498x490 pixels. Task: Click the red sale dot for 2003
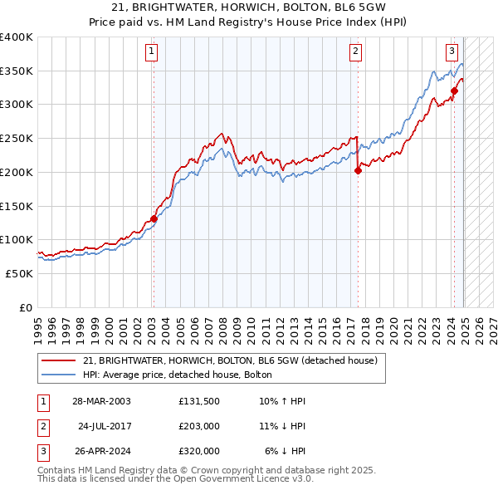click(154, 219)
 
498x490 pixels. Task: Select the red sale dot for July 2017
click(358, 171)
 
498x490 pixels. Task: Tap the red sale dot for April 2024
click(454, 91)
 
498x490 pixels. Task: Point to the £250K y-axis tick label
click(17, 139)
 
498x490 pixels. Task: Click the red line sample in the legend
click(58, 360)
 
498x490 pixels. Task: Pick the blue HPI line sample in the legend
click(58, 375)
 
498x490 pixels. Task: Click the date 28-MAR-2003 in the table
click(101, 401)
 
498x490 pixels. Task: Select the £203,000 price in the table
click(198, 426)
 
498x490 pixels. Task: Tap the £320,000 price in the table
click(198, 451)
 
